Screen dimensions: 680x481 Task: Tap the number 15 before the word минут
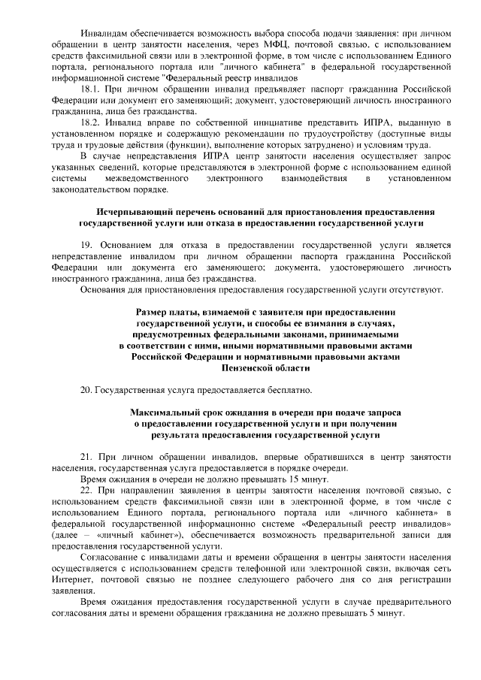coord(255,479)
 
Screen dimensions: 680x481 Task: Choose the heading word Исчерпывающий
coord(138,212)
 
